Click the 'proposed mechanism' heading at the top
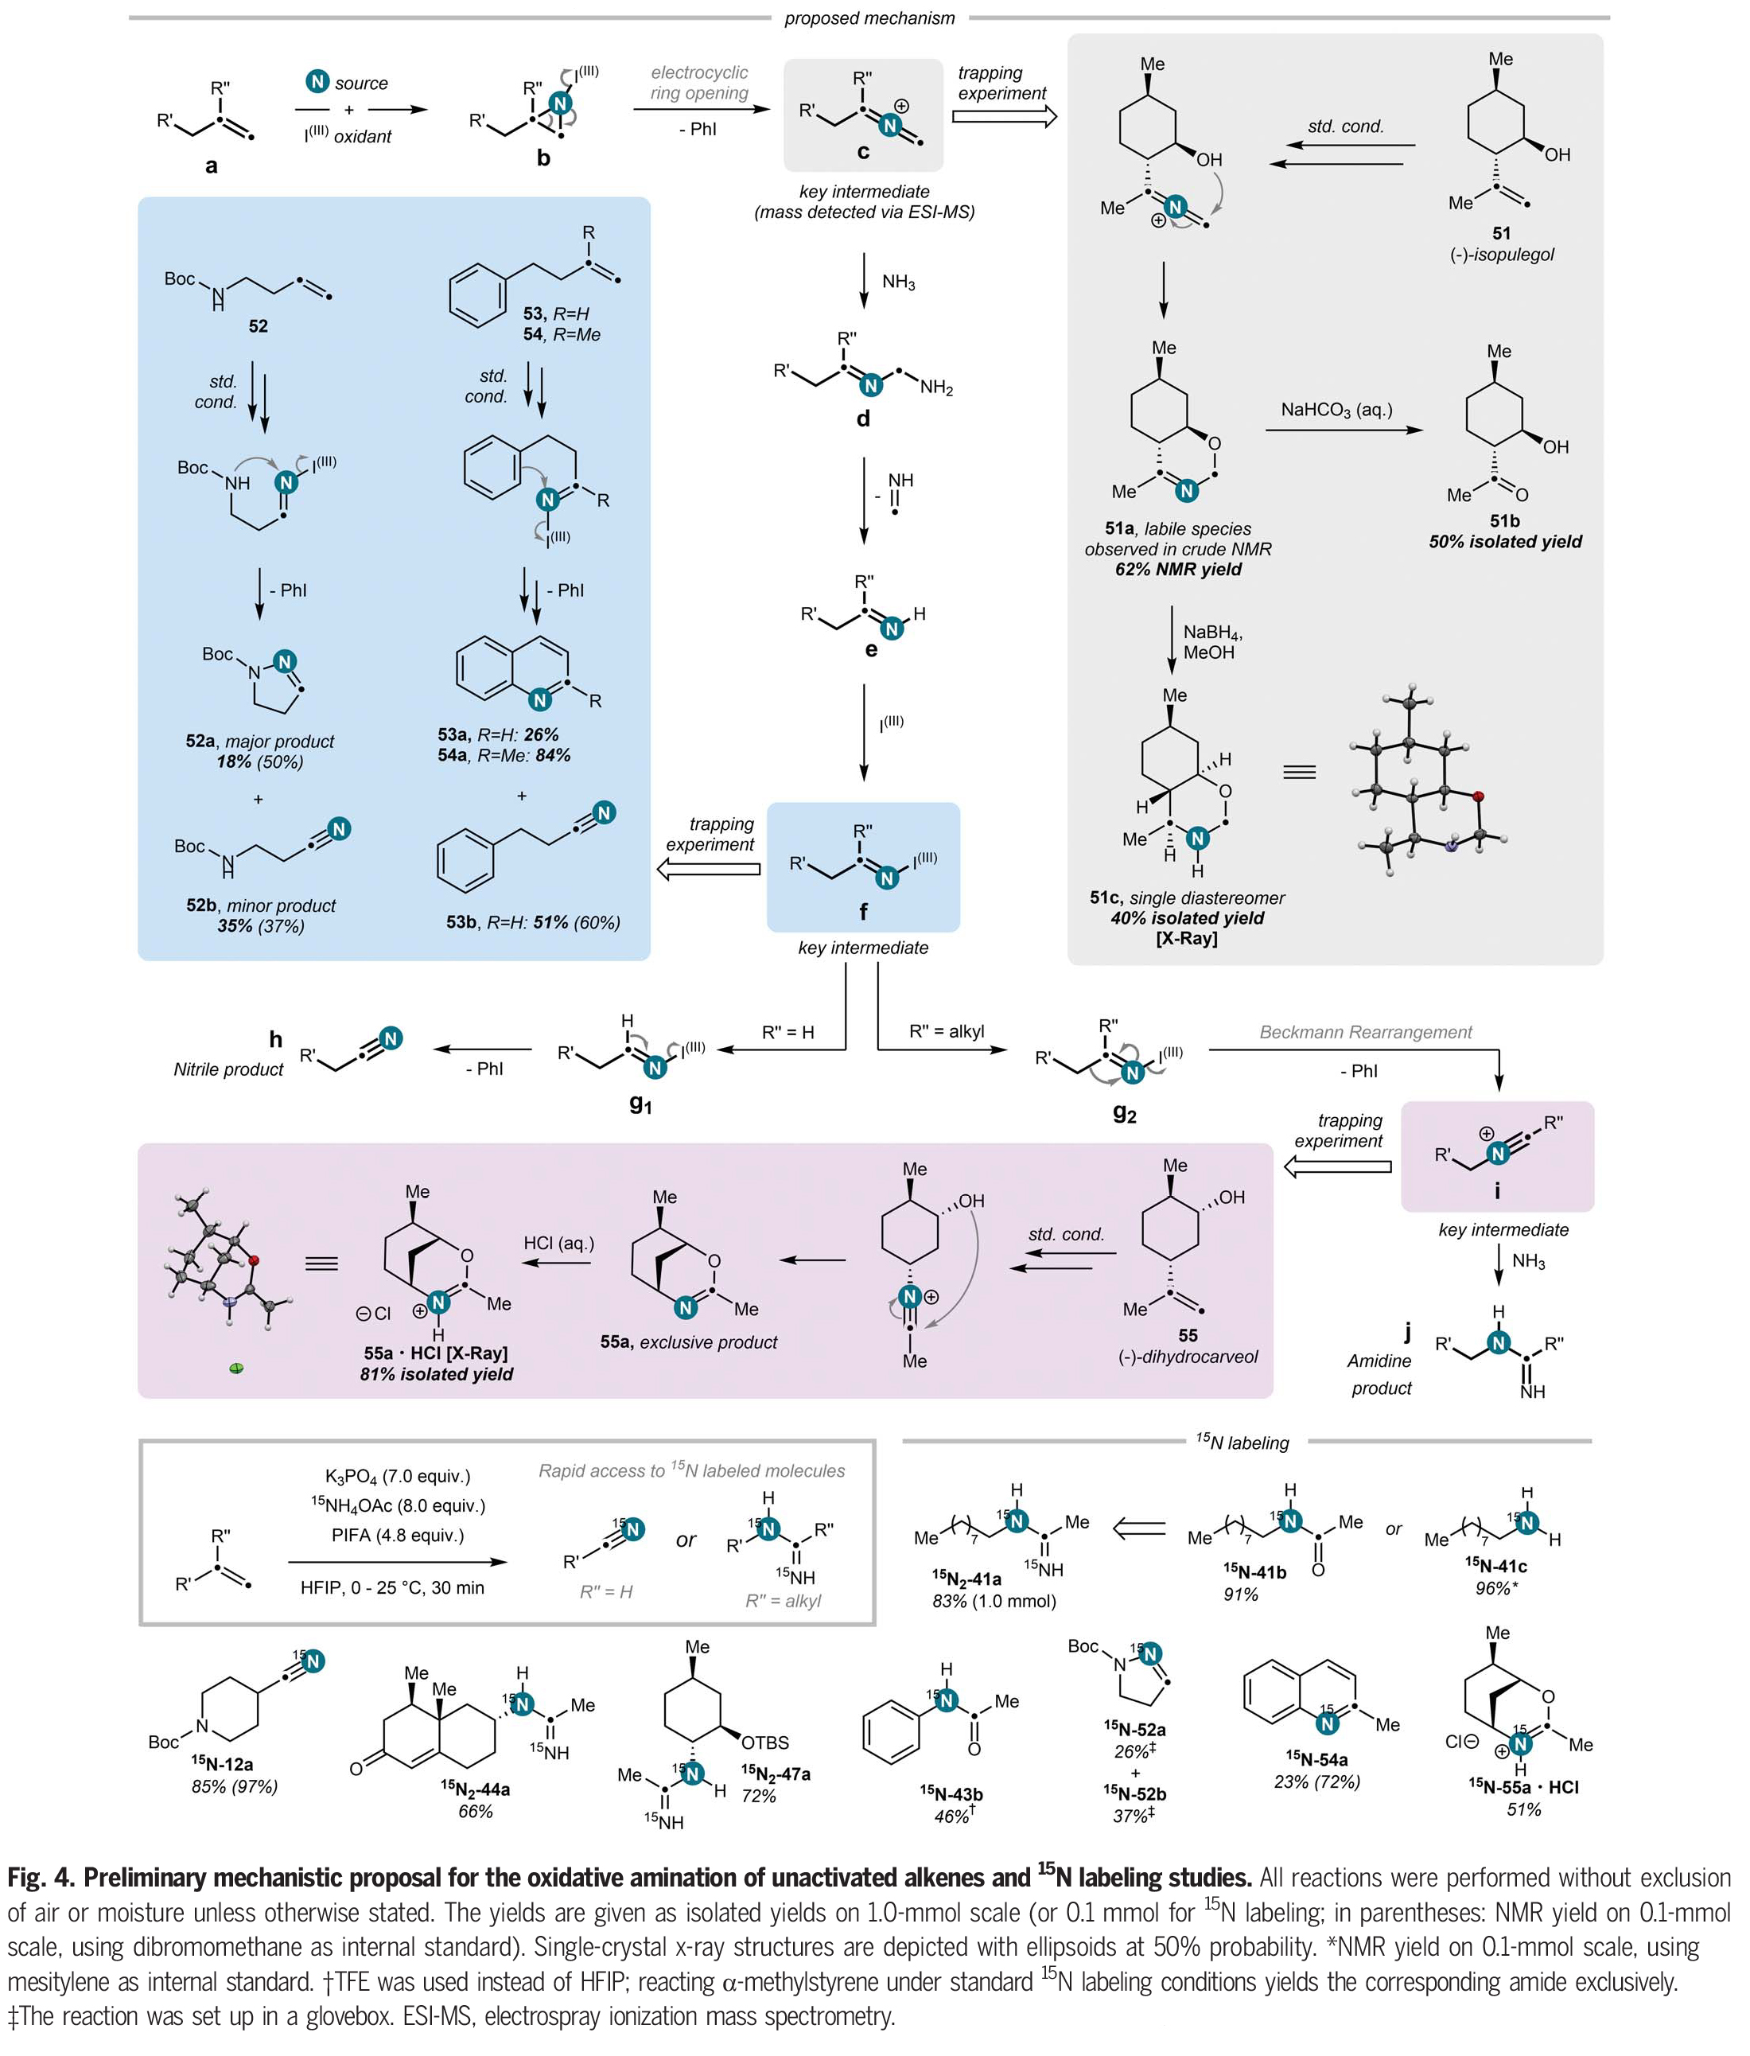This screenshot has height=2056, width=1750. pyautogui.click(x=869, y=18)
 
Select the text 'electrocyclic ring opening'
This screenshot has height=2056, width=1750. pyautogui.click(x=699, y=84)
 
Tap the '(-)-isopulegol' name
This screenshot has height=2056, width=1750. pyautogui.click(x=1501, y=255)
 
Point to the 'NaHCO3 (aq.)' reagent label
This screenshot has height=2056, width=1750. pyautogui.click(x=1336, y=410)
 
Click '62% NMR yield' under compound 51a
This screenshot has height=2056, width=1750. pyautogui.click(x=1177, y=570)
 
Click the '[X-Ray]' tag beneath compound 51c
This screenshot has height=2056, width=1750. pyautogui.click(x=1187, y=938)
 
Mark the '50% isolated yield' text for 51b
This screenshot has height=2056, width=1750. pyautogui.click(x=1505, y=542)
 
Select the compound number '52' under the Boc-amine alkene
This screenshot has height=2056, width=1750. pyautogui.click(x=258, y=326)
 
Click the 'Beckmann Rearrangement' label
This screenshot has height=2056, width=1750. pyautogui.click(x=1365, y=1032)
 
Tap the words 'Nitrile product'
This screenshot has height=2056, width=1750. pyautogui.click(x=228, y=1069)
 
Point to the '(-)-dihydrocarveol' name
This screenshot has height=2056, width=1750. pyautogui.click(x=1188, y=1357)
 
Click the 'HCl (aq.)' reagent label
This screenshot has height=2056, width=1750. pyautogui.click(x=558, y=1244)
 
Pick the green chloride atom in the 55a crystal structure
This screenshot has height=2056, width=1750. pyautogui.click(x=236, y=1369)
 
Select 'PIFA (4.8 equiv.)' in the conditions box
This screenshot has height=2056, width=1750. pyautogui.click(x=397, y=1535)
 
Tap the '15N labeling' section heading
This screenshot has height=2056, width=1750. pyautogui.click(x=1242, y=1443)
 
